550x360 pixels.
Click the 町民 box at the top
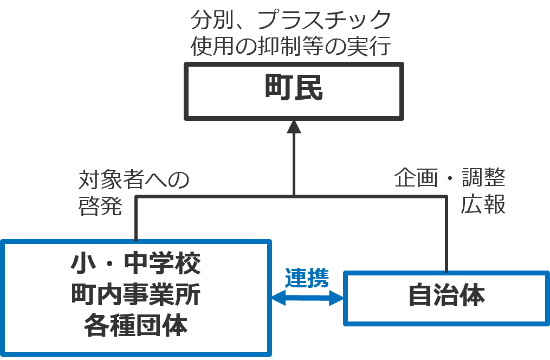click(294, 91)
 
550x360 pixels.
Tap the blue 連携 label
click(307, 278)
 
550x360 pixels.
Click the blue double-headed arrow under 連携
click(307, 298)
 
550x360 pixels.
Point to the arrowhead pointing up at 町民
click(294, 127)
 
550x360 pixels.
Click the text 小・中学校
click(135, 265)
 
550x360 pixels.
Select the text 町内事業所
click(135, 295)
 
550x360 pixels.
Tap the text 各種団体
click(135, 327)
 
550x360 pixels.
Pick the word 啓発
click(100, 207)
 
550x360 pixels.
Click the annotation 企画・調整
click(449, 178)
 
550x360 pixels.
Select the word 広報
click(483, 205)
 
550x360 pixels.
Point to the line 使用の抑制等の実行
click(290, 47)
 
